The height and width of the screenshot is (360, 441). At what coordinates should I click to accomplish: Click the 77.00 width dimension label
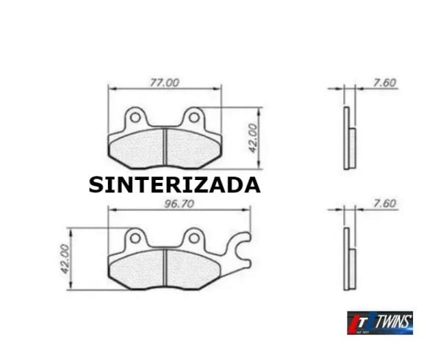pyautogui.click(x=164, y=83)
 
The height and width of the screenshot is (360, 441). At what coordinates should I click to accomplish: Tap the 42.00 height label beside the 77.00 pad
pyautogui.click(x=252, y=138)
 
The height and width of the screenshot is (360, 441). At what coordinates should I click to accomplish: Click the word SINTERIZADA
pyautogui.click(x=174, y=185)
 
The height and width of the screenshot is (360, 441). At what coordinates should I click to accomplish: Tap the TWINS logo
pyautogui.click(x=380, y=323)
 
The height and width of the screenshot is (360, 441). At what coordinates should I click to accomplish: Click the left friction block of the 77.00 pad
pyautogui.click(x=137, y=148)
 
